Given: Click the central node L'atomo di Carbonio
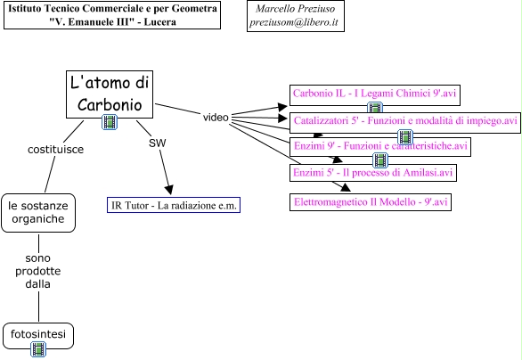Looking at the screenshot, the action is (x=110, y=94).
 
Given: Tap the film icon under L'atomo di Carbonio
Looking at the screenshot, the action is (x=110, y=122).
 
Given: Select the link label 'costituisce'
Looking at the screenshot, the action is (x=55, y=149).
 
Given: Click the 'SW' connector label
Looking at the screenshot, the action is (x=157, y=143).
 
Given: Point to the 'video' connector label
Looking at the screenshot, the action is (x=216, y=118).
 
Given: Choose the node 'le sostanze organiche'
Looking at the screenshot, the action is (x=38, y=213).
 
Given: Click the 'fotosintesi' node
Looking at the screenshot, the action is (x=38, y=335).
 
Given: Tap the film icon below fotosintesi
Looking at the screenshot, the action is (x=38, y=349).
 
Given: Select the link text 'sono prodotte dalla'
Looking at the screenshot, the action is (x=38, y=271).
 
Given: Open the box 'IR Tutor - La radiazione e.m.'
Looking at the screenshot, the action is (x=174, y=205).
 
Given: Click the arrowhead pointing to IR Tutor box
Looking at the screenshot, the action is (x=169, y=190).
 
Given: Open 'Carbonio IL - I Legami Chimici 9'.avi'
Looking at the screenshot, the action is (x=375, y=95).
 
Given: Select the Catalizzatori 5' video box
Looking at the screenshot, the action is (x=405, y=123).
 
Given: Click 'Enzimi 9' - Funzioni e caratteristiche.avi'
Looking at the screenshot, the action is (x=380, y=147).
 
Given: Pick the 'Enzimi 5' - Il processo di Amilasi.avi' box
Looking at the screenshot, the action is (x=373, y=173).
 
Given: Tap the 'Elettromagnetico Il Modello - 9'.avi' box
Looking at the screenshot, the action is (x=371, y=202).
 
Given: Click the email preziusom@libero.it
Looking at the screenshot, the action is (x=294, y=22).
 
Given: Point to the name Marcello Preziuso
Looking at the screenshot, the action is (x=295, y=8).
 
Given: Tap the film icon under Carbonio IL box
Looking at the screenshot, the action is (x=375, y=108).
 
